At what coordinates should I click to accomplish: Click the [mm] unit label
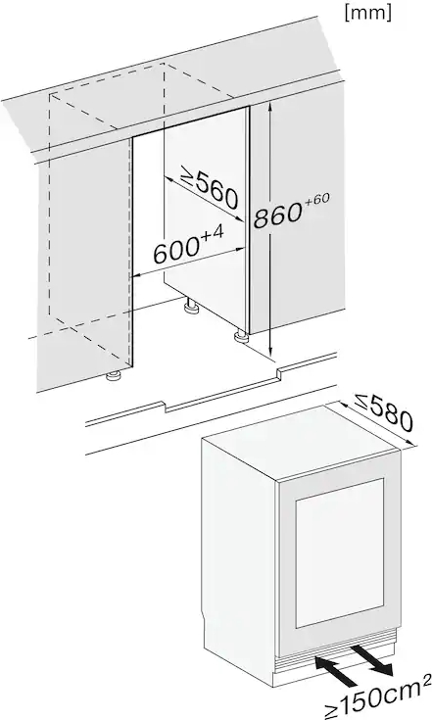[367, 13]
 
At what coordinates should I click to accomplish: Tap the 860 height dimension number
[277, 216]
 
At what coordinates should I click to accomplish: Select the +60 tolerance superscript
[315, 200]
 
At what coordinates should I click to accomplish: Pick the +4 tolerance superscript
[213, 235]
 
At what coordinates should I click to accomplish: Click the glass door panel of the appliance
[340, 553]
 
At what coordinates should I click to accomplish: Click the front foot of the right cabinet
[241, 338]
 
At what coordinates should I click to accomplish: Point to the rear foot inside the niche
[190, 307]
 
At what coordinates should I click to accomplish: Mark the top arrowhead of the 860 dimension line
[271, 107]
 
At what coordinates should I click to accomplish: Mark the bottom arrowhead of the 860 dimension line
[271, 352]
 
